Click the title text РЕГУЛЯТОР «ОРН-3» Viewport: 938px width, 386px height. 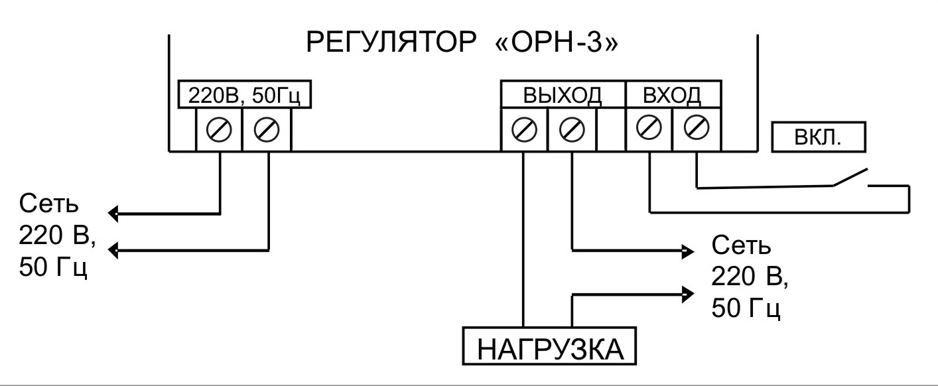point(462,42)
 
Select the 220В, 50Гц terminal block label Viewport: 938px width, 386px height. point(245,95)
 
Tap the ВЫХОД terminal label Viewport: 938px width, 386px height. point(563,95)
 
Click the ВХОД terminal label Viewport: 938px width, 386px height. point(672,95)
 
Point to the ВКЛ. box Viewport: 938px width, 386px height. point(819,137)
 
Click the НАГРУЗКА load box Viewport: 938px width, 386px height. point(549,346)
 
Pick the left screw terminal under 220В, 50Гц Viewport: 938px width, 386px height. point(219,130)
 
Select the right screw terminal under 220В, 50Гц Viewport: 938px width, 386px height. point(267,130)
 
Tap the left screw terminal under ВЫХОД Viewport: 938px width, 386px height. point(524,129)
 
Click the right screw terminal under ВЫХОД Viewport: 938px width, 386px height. point(572,129)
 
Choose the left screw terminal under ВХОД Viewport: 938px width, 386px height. point(649,127)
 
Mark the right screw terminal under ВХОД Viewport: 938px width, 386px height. point(697,127)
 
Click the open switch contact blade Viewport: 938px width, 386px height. point(850,177)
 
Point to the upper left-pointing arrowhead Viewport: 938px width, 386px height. point(113,214)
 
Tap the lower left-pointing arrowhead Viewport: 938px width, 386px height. point(113,250)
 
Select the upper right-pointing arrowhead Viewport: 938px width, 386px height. point(688,251)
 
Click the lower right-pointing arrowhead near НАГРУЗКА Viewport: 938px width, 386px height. point(688,294)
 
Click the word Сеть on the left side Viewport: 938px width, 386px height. point(48,204)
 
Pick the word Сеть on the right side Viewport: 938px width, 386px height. point(741,245)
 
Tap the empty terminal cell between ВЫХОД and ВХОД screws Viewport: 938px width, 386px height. point(610,129)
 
